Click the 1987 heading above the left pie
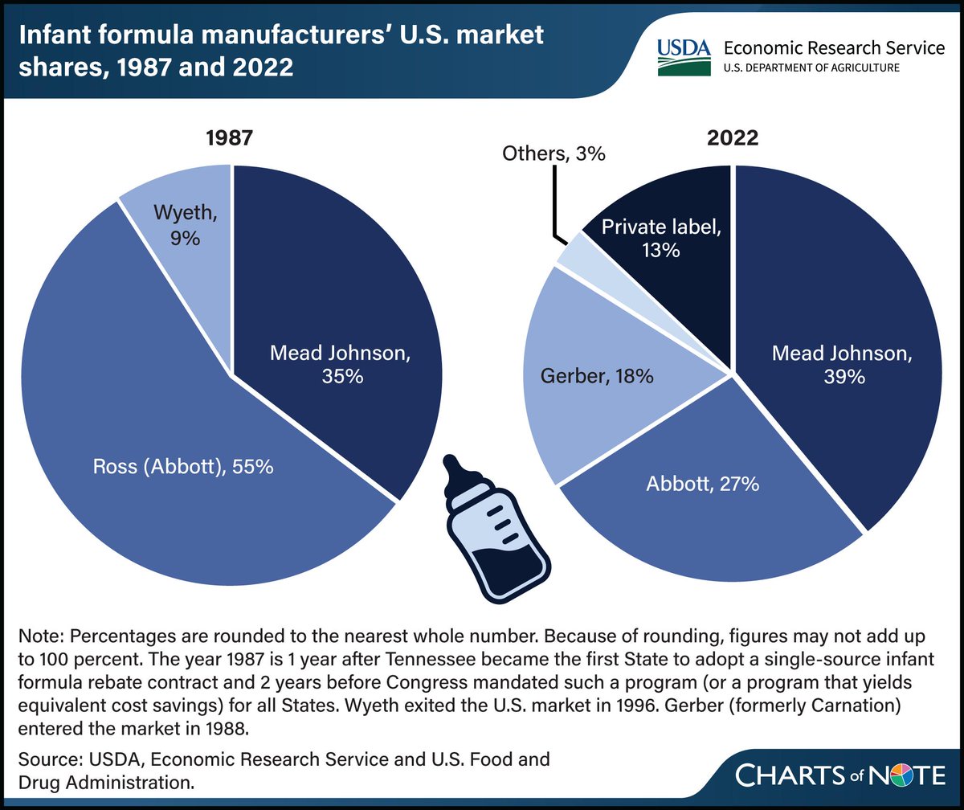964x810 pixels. [231, 137]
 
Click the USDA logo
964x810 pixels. [684, 56]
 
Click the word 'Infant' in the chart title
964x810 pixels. [58, 35]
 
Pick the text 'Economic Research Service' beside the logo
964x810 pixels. [836, 48]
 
